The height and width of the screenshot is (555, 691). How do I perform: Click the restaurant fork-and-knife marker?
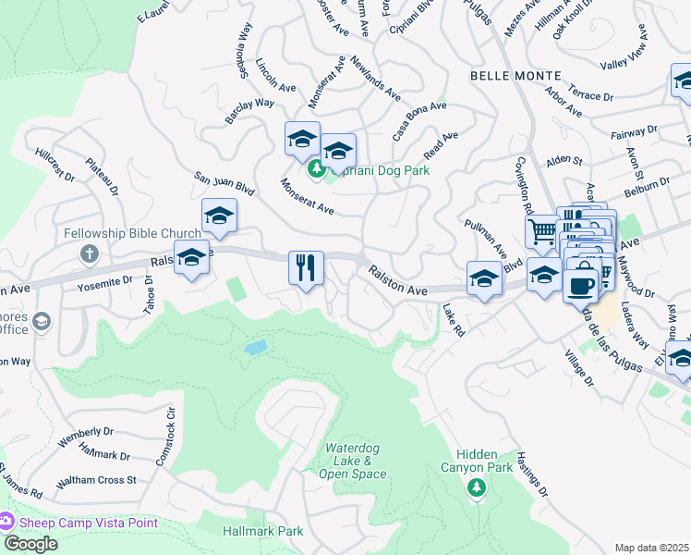tap(306, 268)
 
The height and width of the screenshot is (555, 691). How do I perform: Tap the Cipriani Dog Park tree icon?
tap(317, 168)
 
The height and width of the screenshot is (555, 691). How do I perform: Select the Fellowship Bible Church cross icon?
tap(90, 253)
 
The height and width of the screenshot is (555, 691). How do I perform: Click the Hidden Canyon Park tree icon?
tap(477, 487)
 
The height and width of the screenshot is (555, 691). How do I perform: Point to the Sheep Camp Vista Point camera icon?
tap(7, 523)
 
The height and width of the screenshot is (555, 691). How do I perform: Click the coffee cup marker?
tap(580, 285)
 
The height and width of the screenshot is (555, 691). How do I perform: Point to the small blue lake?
tap(256, 349)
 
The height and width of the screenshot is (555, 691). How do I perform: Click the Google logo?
tap(30, 543)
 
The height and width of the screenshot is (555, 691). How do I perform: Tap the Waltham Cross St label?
tap(95, 481)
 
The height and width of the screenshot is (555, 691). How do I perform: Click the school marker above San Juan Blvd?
tap(220, 215)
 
